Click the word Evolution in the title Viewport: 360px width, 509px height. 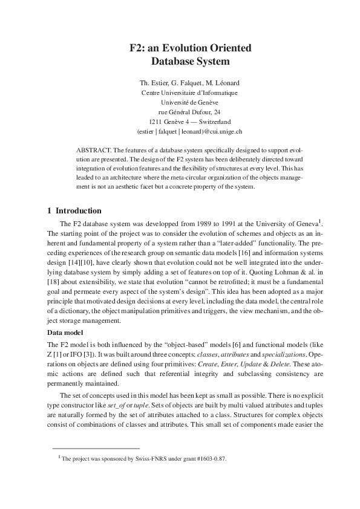[183, 48]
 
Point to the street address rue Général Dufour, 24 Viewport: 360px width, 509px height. [189, 112]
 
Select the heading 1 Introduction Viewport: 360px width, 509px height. [74, 211]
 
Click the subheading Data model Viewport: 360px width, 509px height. [66, 332]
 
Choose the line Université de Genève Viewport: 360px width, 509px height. [189, 102]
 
